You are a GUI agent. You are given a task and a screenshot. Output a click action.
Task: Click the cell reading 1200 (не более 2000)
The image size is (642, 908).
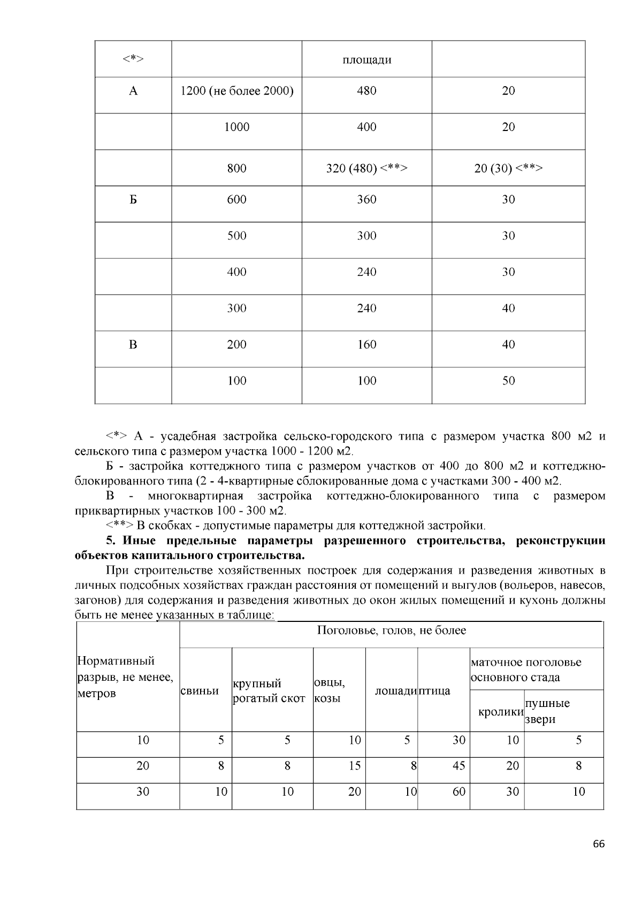[x=236, y=91]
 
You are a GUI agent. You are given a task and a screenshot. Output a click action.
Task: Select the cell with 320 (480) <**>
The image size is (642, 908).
[x=366, y=168]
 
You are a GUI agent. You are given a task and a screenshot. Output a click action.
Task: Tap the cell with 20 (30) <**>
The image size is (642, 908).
[x=508, y=168]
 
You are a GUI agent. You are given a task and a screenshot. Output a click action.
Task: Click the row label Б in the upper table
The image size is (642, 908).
[x=133, y=199]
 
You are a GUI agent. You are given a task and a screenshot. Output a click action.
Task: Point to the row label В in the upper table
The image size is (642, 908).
[x=133, y=344]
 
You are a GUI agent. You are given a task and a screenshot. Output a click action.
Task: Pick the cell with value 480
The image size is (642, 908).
[x=366, y=91]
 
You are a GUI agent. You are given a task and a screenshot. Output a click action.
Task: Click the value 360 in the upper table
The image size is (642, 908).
[x=366, y=199]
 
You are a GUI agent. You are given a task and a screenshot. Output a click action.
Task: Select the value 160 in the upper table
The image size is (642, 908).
[x=366, y=344]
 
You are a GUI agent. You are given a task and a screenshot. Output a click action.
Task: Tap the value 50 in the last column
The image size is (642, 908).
[x=508, y=381]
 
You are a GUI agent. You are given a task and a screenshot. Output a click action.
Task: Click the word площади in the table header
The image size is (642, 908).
[x=366, y=59]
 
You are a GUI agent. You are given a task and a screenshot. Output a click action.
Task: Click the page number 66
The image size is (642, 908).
[x=599, y=844]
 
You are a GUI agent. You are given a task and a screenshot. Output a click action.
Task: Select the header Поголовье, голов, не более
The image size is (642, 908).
[x=391, y=630]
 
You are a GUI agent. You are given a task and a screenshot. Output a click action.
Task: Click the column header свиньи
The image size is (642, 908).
[x=200, y=690]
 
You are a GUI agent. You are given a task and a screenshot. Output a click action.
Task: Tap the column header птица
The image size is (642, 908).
[x=434, y=690]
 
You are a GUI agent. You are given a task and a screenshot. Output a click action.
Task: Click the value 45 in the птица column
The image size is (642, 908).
[x=458, y=766]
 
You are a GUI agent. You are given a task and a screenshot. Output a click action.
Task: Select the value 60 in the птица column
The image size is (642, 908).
[x=458, y=791]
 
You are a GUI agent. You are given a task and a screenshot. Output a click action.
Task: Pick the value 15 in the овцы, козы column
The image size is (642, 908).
[x=354, y=766]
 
